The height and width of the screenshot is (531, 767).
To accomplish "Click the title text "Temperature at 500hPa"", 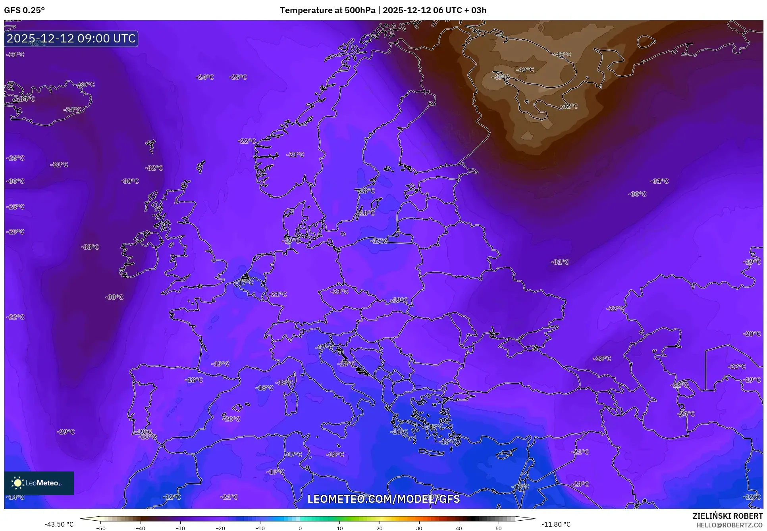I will pos(327,10).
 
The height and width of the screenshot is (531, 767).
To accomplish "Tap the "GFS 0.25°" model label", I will pos(24,10).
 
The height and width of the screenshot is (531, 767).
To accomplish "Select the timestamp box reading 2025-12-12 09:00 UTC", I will pos(71,38).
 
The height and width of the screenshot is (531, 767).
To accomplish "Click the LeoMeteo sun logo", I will pos(17,483).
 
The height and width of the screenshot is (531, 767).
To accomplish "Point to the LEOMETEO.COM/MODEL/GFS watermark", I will pos(383,499).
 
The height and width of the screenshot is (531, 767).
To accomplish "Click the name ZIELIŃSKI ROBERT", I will pos(727,516).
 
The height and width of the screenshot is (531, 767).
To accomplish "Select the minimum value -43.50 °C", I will pos(59,524).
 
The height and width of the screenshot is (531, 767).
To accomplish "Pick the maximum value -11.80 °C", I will pos(556,524).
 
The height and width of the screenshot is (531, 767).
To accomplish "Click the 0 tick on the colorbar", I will pos(300,528).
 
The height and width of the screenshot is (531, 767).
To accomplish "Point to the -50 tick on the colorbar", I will pos(101,528).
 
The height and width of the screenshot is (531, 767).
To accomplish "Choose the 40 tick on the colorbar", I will pos(459,528).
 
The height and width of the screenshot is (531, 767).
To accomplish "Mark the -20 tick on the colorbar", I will pos(220,528).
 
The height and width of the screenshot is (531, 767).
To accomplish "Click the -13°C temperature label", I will pos(520,487).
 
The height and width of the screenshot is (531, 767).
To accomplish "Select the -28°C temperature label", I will pos(602,358).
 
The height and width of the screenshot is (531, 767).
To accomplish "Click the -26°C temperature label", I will pos(15,158).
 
